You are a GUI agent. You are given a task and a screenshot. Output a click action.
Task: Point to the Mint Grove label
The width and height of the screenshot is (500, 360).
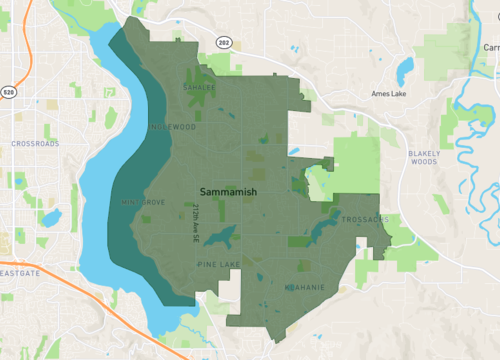(143, 202)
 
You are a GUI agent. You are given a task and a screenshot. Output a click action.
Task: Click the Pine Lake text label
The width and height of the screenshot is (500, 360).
(219, 264)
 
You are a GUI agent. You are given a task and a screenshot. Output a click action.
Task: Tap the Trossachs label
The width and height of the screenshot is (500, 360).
(363, 219)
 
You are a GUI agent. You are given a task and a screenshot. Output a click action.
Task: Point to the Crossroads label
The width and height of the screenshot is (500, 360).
(35, 144)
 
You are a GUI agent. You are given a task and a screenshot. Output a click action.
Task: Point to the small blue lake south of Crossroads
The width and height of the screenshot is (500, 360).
(51, 217)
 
